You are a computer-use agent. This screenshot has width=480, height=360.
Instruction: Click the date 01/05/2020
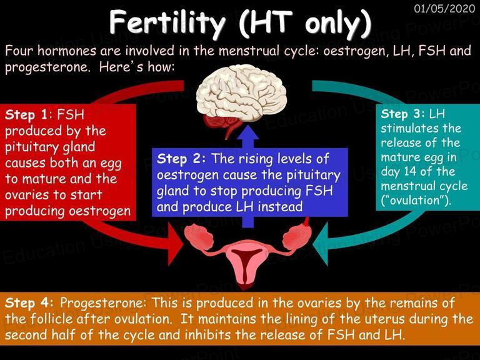(x=444, y=8)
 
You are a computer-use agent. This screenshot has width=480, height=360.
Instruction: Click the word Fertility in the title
(x=167, y=22)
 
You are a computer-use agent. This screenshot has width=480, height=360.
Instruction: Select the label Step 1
(x=26, y=115)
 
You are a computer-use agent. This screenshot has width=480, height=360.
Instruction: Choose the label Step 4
(x=29, y=303)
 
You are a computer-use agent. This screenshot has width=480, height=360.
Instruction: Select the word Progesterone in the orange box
(x=102, y=304)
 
